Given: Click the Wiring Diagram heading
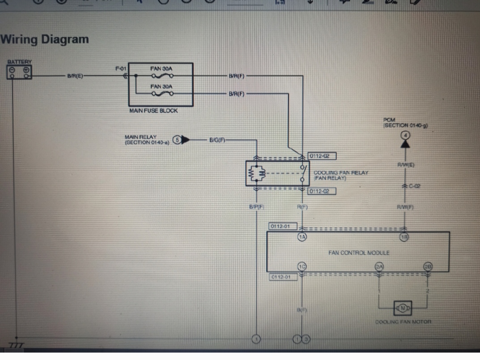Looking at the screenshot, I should click(x=45, y=39).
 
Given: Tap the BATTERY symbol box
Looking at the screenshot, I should click(x=19, y=72).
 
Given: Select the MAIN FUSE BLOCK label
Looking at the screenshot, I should click(x=153, y=111).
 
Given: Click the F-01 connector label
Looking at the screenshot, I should click(x=121, y=69).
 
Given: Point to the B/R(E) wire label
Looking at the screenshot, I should click(x=75, y=76).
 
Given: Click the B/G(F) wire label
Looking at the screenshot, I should click(x=217, y=140).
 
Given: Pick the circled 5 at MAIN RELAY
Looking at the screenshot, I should click(x=177, y=140).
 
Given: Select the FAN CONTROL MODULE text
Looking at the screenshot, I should click(x=359, y=253).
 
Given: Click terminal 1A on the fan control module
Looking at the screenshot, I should click(x=302, y=237).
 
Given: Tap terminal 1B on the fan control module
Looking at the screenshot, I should click(x=405, y=237).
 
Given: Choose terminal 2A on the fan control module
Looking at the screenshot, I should click(x=379, y=267).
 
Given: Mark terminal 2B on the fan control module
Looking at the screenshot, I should click(x=428, y=267).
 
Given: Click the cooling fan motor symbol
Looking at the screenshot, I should click(x=403, y=308).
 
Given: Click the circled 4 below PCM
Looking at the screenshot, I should click(x=405, y=135).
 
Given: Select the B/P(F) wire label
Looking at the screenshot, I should click(x=256, y=207).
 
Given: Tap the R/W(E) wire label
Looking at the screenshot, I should click(x=405, y=165).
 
